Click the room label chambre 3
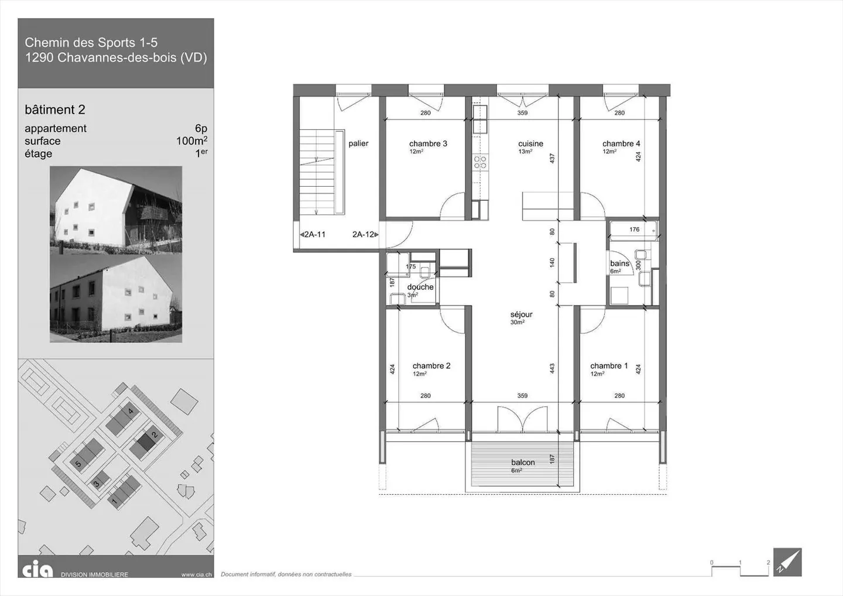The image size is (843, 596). [x=428, y=144]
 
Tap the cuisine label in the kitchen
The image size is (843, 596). [x=530, y=144]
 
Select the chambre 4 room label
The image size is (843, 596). [x=621, y=144]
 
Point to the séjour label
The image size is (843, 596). [x=521, y=315]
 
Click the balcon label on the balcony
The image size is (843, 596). [x=523, y=463]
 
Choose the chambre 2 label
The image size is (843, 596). [x=431, y=366]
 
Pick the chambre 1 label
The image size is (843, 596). [x=609, y=366]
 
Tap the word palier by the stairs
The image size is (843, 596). [x=358, y=143]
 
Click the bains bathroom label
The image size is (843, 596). [x=619, y=263]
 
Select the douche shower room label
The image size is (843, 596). [x=420, y=287]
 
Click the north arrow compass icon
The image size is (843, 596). [x=787, y=562]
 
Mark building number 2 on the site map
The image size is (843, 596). [x=155, y=434]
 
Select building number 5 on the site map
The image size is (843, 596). [x=78, y=464]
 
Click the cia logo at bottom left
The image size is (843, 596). [x=37, y=569]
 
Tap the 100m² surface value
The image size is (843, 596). [x=191, y=141]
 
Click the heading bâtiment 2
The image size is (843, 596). [x=55, y=110]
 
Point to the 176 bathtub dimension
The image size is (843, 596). [x=635, y=230]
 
